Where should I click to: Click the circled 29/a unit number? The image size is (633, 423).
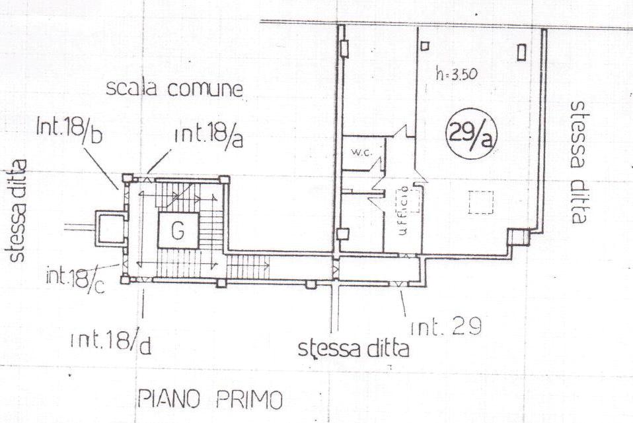click(x=471, y=133)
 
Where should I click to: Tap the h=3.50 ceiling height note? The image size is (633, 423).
click(x=457, y=74)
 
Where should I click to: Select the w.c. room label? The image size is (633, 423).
click(x=361, y=153)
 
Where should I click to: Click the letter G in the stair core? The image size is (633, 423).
click(x=178, y=231)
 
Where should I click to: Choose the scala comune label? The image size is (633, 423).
click(x=174, y=88)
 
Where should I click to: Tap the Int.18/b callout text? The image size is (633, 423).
click(x=69, y=130)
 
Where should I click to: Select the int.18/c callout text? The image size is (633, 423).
click(x=75, y=278)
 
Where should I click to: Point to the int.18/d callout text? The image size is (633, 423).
click(x=111, y=342)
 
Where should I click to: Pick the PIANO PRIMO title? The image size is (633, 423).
click(x=210, y=399)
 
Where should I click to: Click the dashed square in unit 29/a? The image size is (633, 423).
click(x=481, y=203)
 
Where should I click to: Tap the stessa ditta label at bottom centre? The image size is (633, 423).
click(x=354, y=349)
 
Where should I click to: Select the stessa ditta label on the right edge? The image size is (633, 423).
click(x=578, y=162)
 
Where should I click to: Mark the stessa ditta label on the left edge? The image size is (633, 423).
click(x=16, y=211)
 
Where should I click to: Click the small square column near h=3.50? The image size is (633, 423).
click(x=424, y=46)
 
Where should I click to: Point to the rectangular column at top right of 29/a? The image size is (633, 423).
click(x=521, y=53)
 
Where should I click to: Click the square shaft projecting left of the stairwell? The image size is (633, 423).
click(x=110, y=228)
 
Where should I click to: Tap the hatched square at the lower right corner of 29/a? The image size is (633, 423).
click(x=517, y=237)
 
